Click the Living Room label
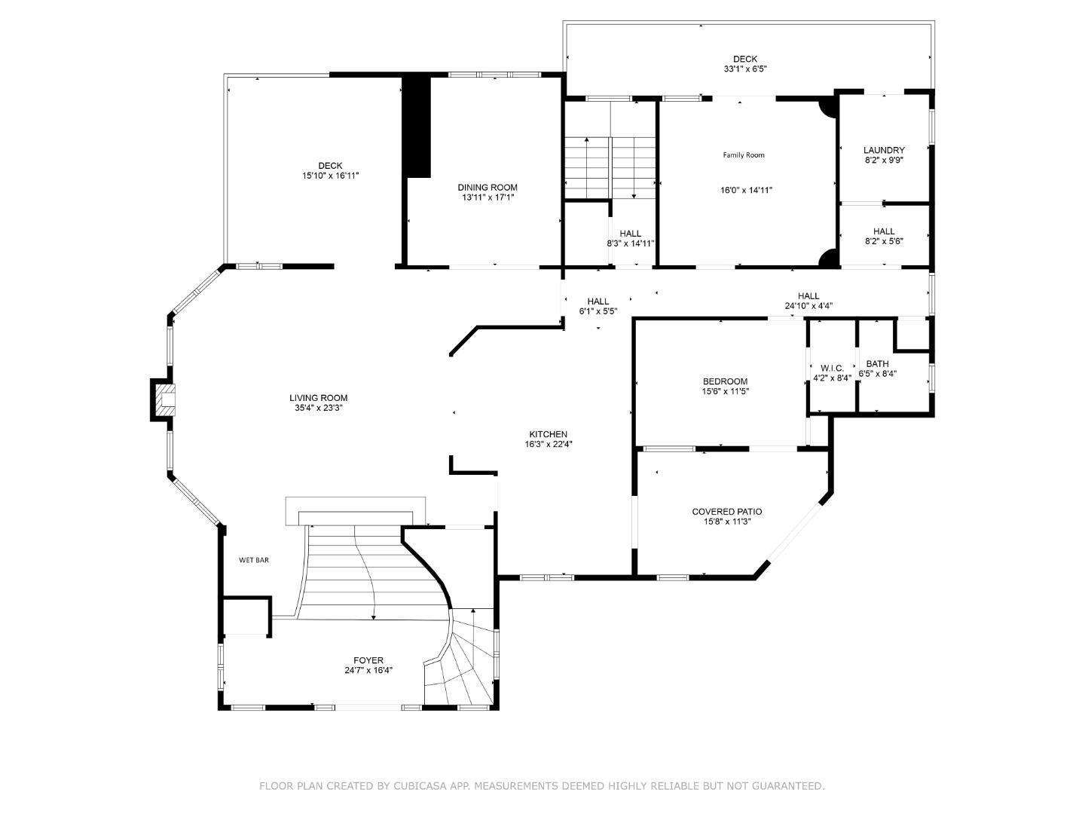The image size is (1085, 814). [318, 398]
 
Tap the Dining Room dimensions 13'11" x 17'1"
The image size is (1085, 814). [487, 197]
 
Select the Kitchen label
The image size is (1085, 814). [548, 434]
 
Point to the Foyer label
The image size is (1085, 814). [368, 660]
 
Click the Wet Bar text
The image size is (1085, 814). [253, 560]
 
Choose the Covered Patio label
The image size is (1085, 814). [726, 512]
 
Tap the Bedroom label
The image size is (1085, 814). [725, 381]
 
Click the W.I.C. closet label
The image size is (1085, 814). [832, 368]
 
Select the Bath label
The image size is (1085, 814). [877, 363]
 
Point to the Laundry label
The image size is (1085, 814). [884, 150]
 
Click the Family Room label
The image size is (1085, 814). [744, 155]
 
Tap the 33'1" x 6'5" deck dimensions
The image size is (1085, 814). [745, 69]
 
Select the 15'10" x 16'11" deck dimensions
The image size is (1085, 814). [330, 176]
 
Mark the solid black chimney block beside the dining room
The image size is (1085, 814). [417, 127]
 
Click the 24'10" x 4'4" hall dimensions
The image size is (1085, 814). [808, 306]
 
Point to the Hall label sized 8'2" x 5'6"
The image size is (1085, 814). [884, 231]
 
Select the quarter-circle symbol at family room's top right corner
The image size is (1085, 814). [827, 106]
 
